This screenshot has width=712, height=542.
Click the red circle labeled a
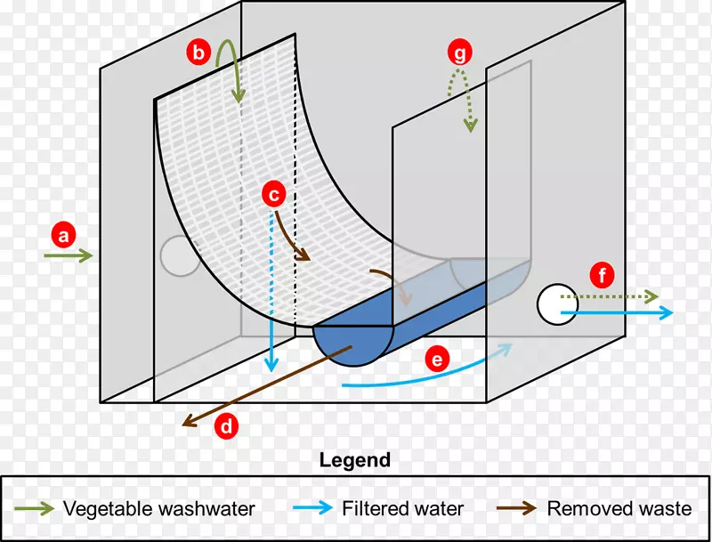[62, 236]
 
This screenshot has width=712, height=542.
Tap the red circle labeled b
[198, 53]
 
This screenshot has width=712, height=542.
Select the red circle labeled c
[274, 192]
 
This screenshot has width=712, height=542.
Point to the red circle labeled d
[228, 427]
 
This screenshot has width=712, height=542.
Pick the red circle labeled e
[436, 360]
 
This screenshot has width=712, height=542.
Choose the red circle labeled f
[603, 276]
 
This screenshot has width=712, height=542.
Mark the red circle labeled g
[459, 53]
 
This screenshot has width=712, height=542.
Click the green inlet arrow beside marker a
[68, 256]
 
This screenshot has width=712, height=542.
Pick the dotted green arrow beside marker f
[614, 295]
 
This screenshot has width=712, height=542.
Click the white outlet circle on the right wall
[558, 304]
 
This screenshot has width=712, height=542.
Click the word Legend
[354, 460]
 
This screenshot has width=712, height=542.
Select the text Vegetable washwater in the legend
[158, 509]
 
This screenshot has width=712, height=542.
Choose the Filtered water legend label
[402, 509]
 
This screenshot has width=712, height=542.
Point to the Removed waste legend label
[619, 509]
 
